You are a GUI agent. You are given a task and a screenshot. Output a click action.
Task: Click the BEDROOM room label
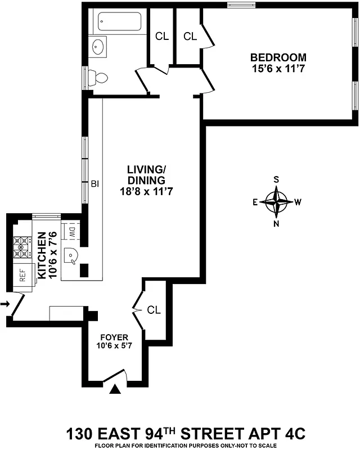click(278, 57)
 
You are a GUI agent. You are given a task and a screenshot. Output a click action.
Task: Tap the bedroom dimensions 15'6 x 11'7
click(278, 69)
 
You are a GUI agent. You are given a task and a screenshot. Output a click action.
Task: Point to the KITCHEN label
click(42, 256)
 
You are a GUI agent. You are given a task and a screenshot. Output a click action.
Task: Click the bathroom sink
click(100, 46)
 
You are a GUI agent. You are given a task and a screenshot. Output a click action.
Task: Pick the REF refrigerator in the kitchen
click(22, 276)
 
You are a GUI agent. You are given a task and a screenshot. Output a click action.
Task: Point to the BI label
click(95, 183)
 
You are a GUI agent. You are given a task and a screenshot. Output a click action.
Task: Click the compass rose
click(276, 201)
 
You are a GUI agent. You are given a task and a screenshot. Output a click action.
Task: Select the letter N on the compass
click(276, 223)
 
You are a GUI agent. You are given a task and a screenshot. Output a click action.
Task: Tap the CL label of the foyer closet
click(154, 310)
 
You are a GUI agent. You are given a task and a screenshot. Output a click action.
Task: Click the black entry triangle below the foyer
click(116, 389)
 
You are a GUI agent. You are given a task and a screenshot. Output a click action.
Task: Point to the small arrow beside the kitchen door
click(4, 304)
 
